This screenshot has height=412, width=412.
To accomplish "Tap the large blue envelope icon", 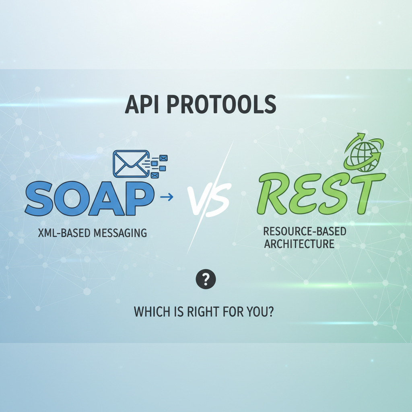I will point(131,163).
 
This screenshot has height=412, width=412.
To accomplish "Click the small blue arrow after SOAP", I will point(167,197).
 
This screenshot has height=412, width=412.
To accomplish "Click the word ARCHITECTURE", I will point(299,244).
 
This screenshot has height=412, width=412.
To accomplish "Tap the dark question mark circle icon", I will point(206,278).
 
